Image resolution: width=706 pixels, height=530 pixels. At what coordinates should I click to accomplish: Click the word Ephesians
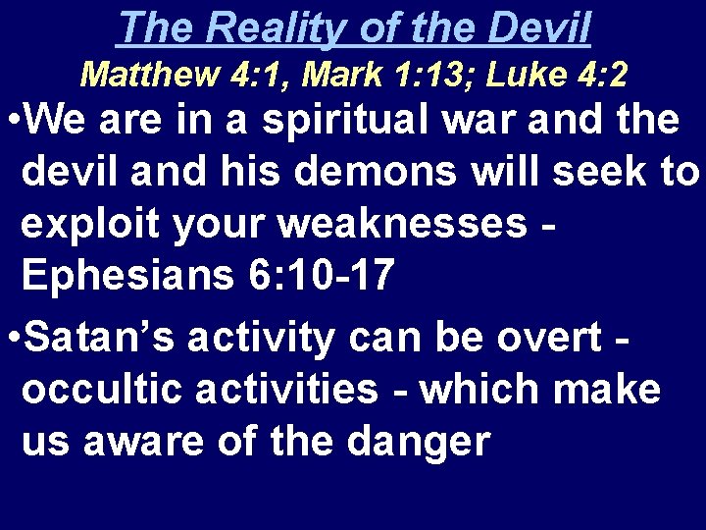124,277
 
